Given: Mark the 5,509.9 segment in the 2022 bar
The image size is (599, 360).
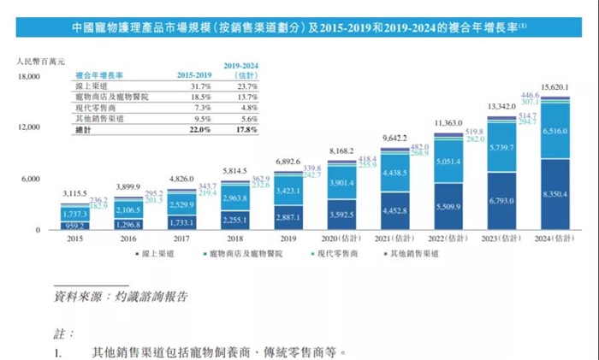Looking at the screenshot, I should pyautogui.click(x=449, y=205).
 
